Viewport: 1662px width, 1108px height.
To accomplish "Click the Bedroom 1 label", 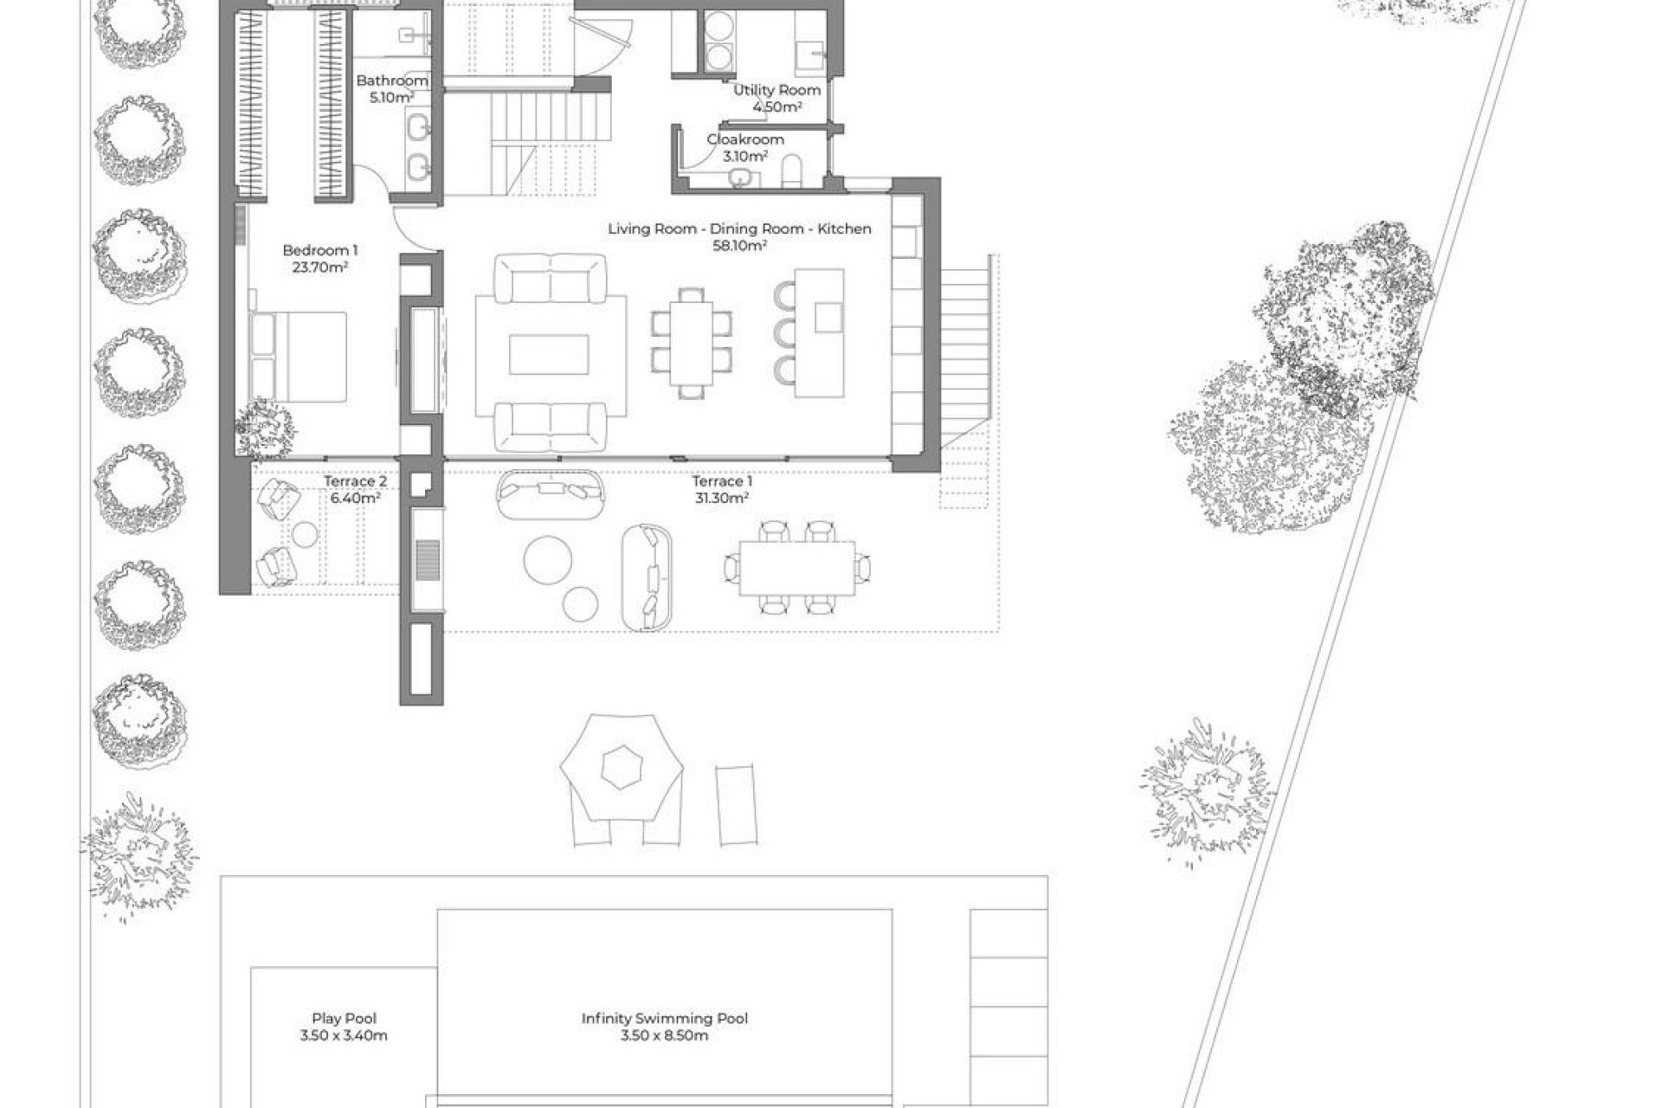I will pyautogui.click(x=319, y=251).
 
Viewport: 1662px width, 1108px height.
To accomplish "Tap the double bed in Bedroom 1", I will pyautogui.click(x=299, y=357).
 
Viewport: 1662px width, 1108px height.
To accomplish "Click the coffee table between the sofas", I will pyautogui.click(x=549, y=355).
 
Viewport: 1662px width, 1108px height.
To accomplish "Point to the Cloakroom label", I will pyautogui.click(x=745, y=139).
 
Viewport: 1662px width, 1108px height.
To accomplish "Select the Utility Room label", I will pyautogui.click(x=776, y=90).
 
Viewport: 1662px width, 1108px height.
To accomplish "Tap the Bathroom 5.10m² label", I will pyautogui.click(x=391, y=89).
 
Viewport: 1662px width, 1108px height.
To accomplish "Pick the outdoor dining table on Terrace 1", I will pyautogui.click(x=796, y=568).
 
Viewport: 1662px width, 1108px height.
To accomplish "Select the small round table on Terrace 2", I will pyautogui.click(x=304, y=535).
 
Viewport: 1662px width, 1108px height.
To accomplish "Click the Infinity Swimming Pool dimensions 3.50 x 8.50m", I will pyautogui.click(x=664, y=1035).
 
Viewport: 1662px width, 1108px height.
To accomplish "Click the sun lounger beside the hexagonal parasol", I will pyautogui.click(x=737, y=803).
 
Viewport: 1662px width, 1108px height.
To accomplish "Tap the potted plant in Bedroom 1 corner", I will pyautogui.click(x=265, y=428).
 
